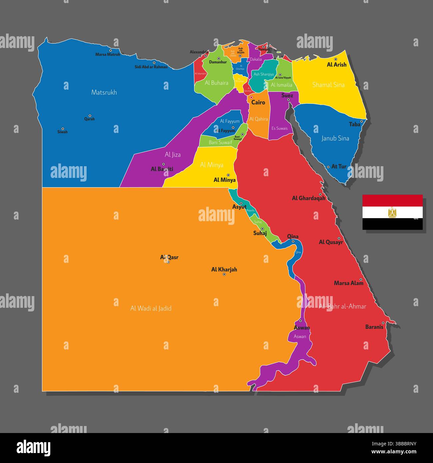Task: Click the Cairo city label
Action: [x=258, y=102]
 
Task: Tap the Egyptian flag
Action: [x=392, y=212]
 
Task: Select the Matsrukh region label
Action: [x=104, y=92]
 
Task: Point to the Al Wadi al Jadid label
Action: [x=151, y=308]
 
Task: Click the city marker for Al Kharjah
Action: [x=224, y=274]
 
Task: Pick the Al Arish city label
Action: [x=336, y=65]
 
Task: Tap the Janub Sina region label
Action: [x=335, y=138]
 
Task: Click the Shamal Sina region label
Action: [x=328, y=85]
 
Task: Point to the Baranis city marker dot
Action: [x=383, y=322]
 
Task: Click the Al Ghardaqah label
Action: [x=308, y=198]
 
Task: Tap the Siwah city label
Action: [x=62, y=132]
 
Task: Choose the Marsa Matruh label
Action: [x=108, y=54]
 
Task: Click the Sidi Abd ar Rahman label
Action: [x=151, y=67]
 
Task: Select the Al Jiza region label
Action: [x=173, y=155]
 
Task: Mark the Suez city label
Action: [x=287, y=96]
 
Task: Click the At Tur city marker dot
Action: [x=328, y=167]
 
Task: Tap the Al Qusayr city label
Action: [x=331, y=242]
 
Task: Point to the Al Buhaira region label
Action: [x=217, y=83]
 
